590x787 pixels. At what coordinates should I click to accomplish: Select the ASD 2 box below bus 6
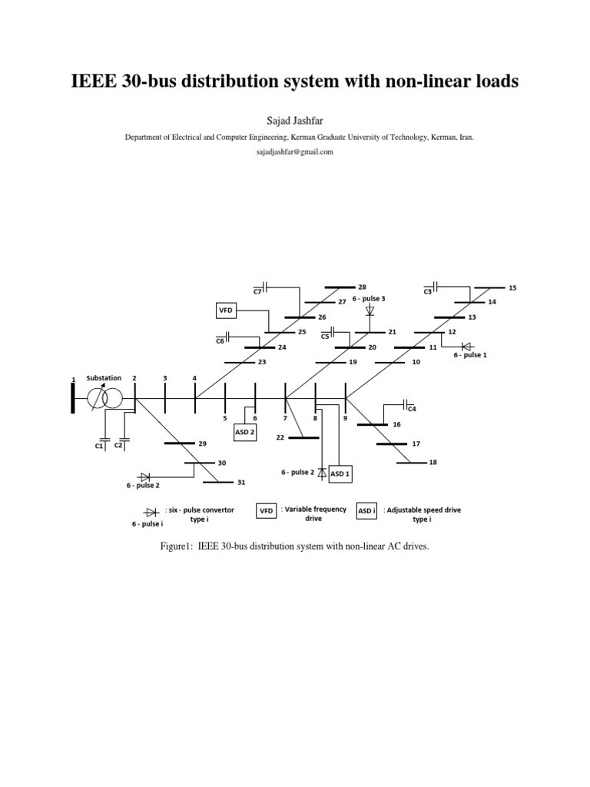click(x=244, y=433)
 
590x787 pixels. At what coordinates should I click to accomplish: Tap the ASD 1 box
click(x=340, y=474)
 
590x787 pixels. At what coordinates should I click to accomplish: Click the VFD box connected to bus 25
click(x=225, y=310)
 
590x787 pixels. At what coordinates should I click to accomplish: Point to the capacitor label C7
click(x=258, y=292)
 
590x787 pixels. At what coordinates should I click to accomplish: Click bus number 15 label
click(x=512, y=287)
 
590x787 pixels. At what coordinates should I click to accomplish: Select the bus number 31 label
click(x=241, y=483)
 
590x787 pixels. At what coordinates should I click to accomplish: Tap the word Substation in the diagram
click(x=104, y=378)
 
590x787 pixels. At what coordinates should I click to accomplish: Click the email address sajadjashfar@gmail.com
click(x=295, y=152)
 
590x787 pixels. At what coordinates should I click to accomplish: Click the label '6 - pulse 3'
click(x=369, y=298)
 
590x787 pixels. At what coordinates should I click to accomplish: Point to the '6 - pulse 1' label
click(x=470, y=356)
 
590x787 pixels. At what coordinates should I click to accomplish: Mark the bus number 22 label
click(x=280, y=437)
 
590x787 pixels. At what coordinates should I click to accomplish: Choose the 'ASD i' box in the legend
click(x=367, y=510)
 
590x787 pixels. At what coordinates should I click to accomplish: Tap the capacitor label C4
click(x=411, y=408)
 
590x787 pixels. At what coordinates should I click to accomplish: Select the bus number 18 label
click(x=433, y=462)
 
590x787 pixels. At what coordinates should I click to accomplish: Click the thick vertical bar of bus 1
click(x=73, y=397)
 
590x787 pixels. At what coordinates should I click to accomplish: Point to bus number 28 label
click(x=363, y=287)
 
